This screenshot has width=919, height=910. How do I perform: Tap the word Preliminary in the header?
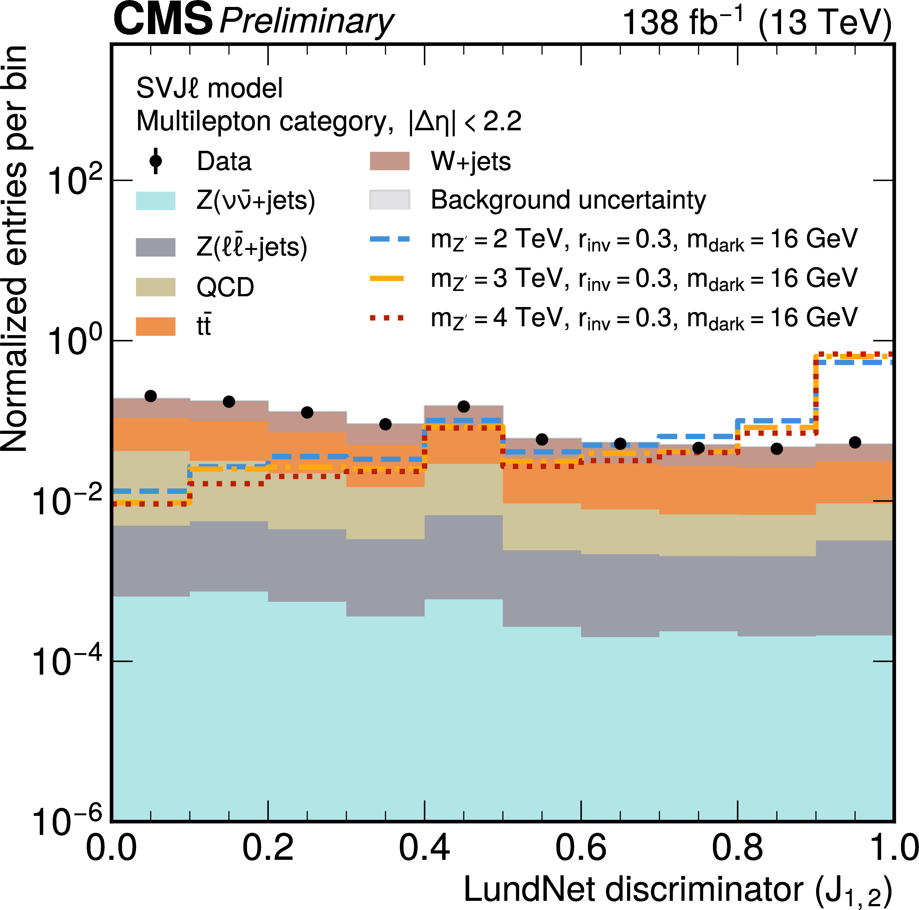(306, 21)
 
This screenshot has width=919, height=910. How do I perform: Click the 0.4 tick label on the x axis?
(424, 848)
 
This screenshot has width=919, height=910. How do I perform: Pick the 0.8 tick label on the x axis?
(737, 848)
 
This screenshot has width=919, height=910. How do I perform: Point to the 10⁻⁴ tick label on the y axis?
(67, 661)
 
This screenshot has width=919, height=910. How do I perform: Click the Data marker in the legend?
(156, 161)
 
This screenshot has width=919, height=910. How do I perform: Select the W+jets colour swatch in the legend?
(389, 161)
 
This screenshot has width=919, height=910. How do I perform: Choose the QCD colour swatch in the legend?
(156, 287)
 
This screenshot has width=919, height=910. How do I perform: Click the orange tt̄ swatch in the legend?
(156, 326)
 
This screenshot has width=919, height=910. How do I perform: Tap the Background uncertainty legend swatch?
(389, 200)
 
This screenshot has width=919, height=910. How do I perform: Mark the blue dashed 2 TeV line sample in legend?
(389, 239)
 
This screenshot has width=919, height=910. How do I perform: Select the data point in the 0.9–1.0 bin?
(855, 442)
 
